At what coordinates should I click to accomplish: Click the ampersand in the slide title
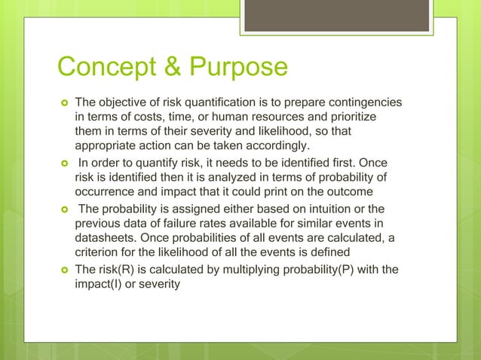[167, 68]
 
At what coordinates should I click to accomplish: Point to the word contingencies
[365, 102]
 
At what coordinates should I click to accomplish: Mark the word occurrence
[107, 191]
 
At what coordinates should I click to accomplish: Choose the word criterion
[99, 252]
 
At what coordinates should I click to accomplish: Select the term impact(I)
[101, 285]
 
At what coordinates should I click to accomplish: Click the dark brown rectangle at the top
[336, 16]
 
